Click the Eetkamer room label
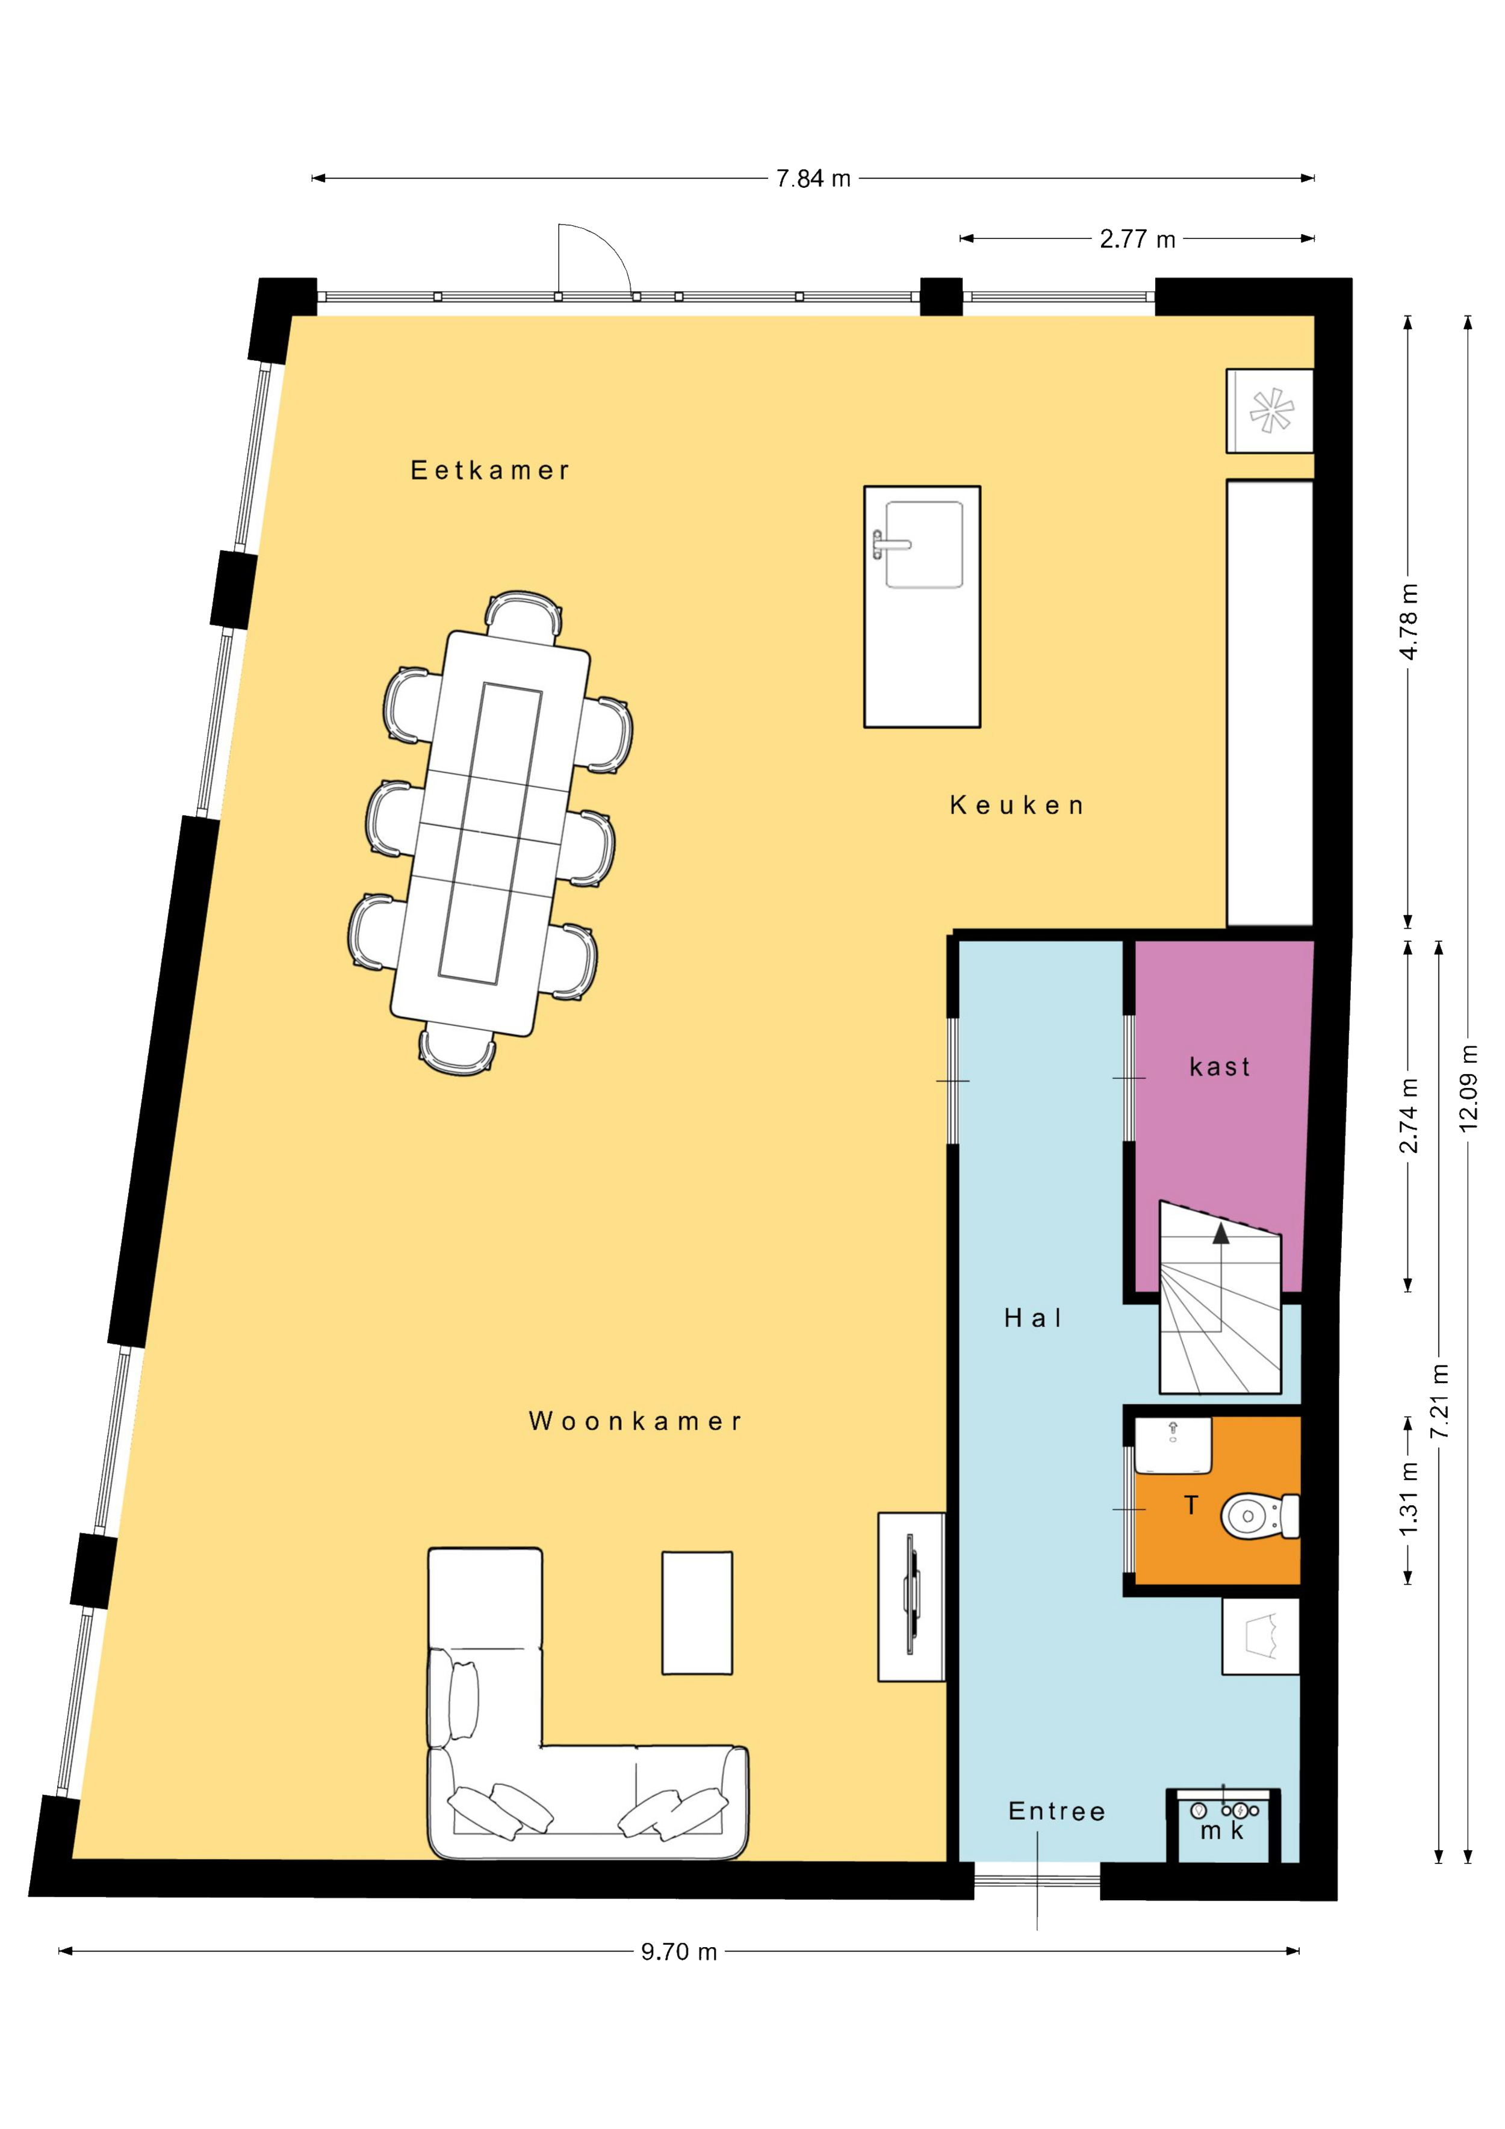point(491,471)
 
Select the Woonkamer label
point(636,1422)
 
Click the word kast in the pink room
point(1220,1068)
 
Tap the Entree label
point(1057,1812)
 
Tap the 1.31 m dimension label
point(1409,1512)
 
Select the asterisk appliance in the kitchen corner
point(1270,411)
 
